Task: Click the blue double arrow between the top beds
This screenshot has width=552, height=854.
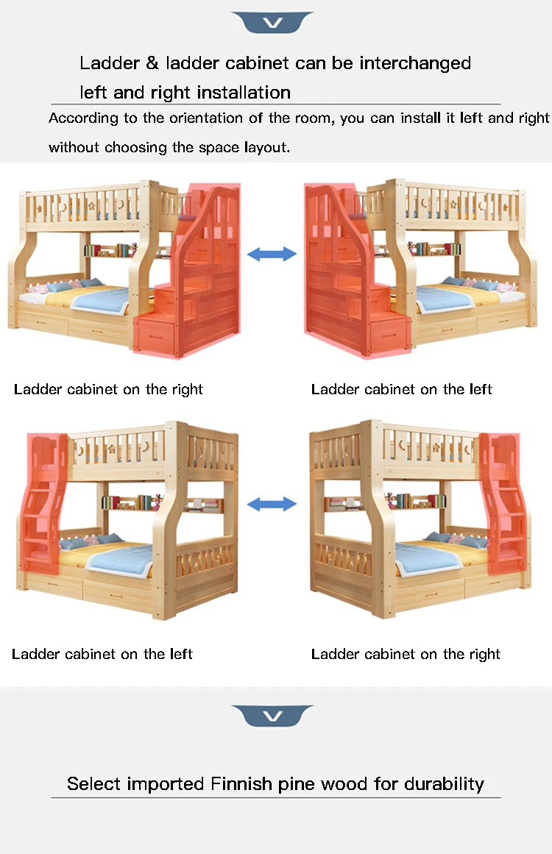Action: [272, 255]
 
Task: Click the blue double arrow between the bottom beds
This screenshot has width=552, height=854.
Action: [272, 505]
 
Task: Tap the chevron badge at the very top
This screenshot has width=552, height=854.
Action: [272, 23]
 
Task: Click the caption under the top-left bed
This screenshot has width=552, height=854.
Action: [108, 389]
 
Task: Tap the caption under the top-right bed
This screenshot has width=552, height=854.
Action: [402, 389]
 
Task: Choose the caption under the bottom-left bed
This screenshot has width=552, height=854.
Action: [102, 654]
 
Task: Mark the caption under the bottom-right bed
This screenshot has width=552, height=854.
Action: [406, 654]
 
